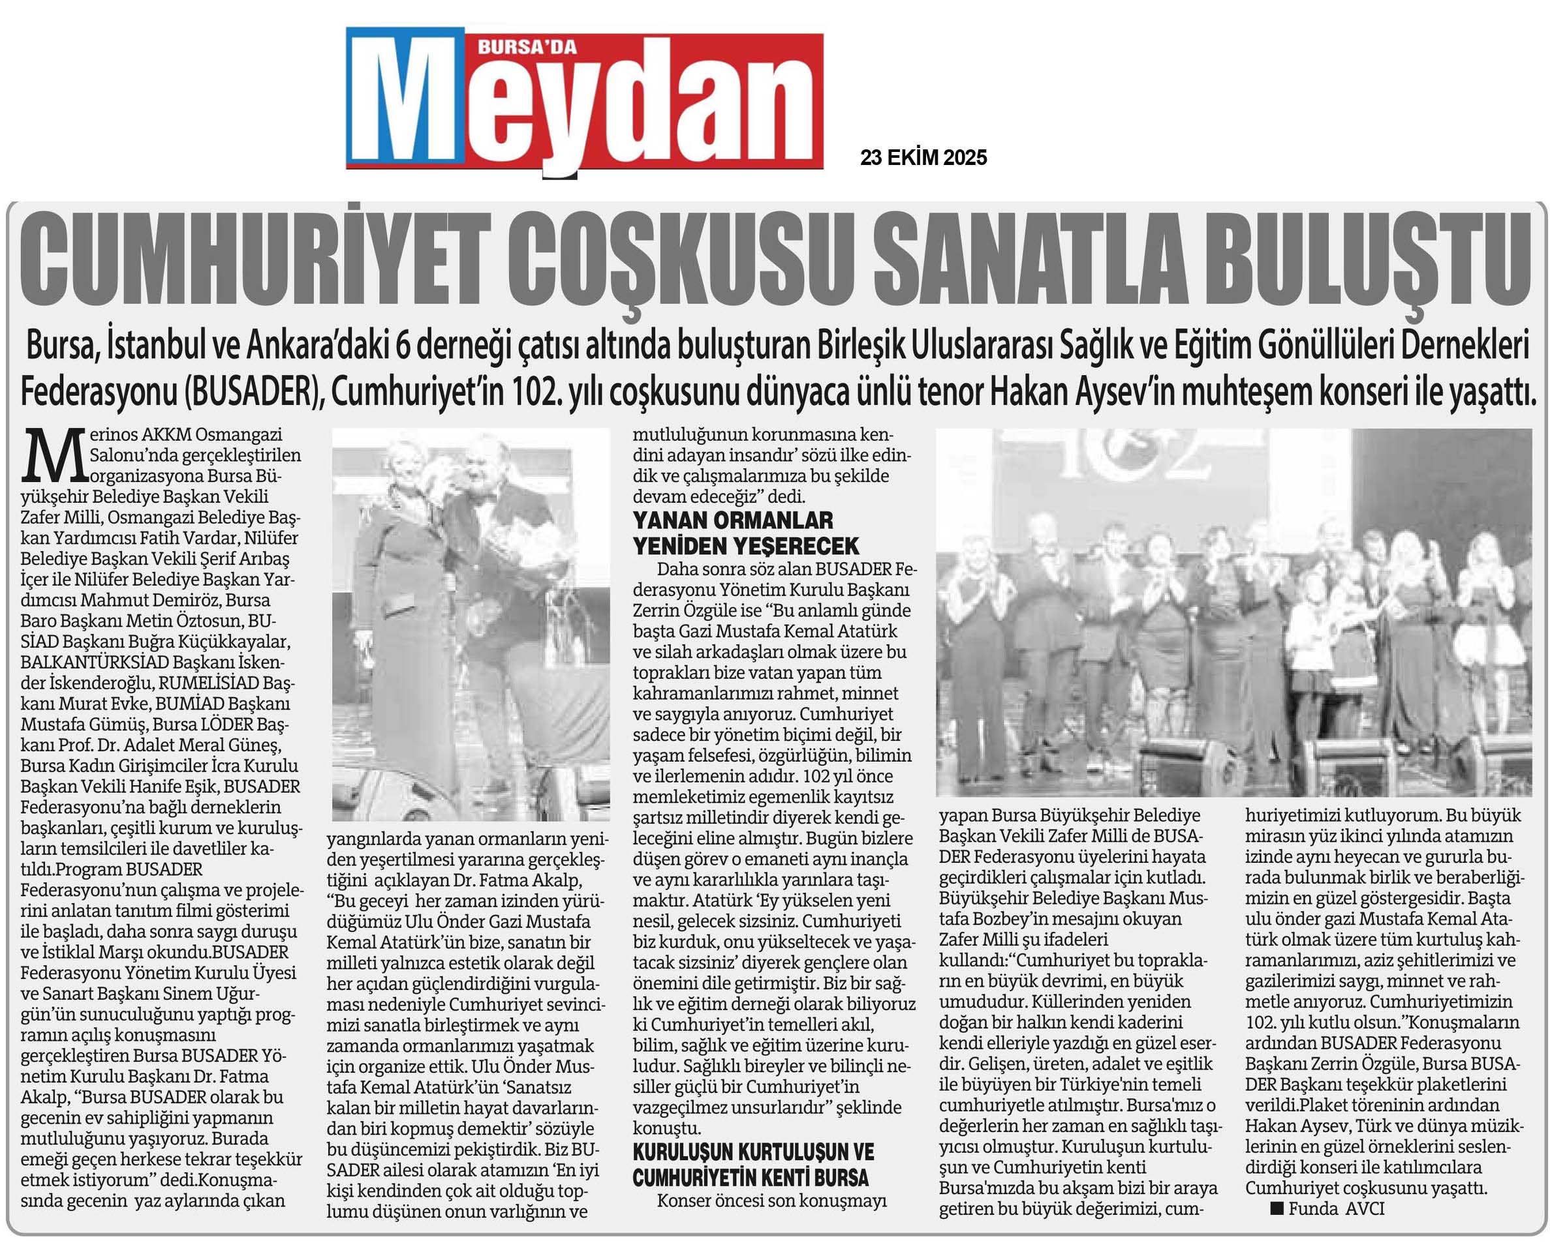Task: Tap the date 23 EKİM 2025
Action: coord(923,158)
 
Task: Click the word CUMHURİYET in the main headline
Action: coord(255,260)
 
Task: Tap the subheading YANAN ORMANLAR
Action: coord(733,520)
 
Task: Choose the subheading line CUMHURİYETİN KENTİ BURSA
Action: coord(751,1178)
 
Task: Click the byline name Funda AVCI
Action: coord(1336,1208)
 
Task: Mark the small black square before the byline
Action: coord(1277,1208)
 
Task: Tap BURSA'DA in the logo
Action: coord(528,48)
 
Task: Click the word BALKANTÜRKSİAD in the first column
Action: coord(95,662)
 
